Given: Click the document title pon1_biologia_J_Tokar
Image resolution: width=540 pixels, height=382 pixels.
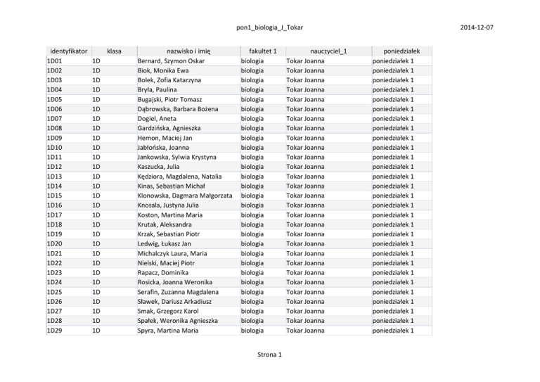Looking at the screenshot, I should [x=269, y=27].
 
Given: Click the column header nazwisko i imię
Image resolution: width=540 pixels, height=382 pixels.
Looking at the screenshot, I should [x=188, y=51].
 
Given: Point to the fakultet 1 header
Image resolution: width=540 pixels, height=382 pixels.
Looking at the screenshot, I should [x=258, y=51].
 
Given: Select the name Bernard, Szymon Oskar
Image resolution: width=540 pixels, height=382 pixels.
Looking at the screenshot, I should [x=170, y=61].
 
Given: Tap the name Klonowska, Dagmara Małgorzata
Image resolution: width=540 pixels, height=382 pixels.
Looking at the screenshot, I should [x=185, y=196].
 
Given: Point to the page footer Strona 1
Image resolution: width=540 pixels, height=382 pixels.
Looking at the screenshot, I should [x=269, y=354].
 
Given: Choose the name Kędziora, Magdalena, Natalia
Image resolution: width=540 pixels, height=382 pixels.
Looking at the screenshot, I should [x=180, y=176].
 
